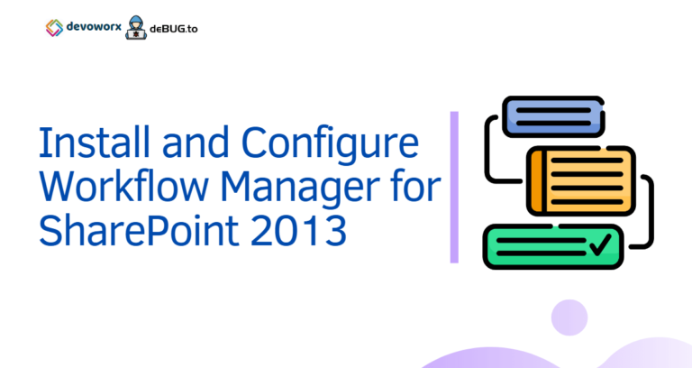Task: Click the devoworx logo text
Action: click(x=95, y=27)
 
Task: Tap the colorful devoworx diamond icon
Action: click(x=54, y=27)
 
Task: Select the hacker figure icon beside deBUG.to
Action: click(x=138, y=26)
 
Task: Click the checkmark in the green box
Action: click(x=599, y=243)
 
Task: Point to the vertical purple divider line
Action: click(x=454, y=187)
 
